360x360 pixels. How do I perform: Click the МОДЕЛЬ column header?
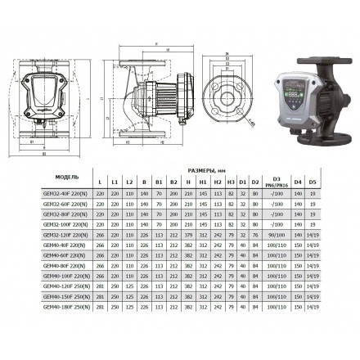(x=67, y=177)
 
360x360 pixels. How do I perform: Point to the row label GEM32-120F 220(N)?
(x=67, y=236)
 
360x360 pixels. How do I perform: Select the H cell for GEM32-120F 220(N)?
(x=188, y=236)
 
